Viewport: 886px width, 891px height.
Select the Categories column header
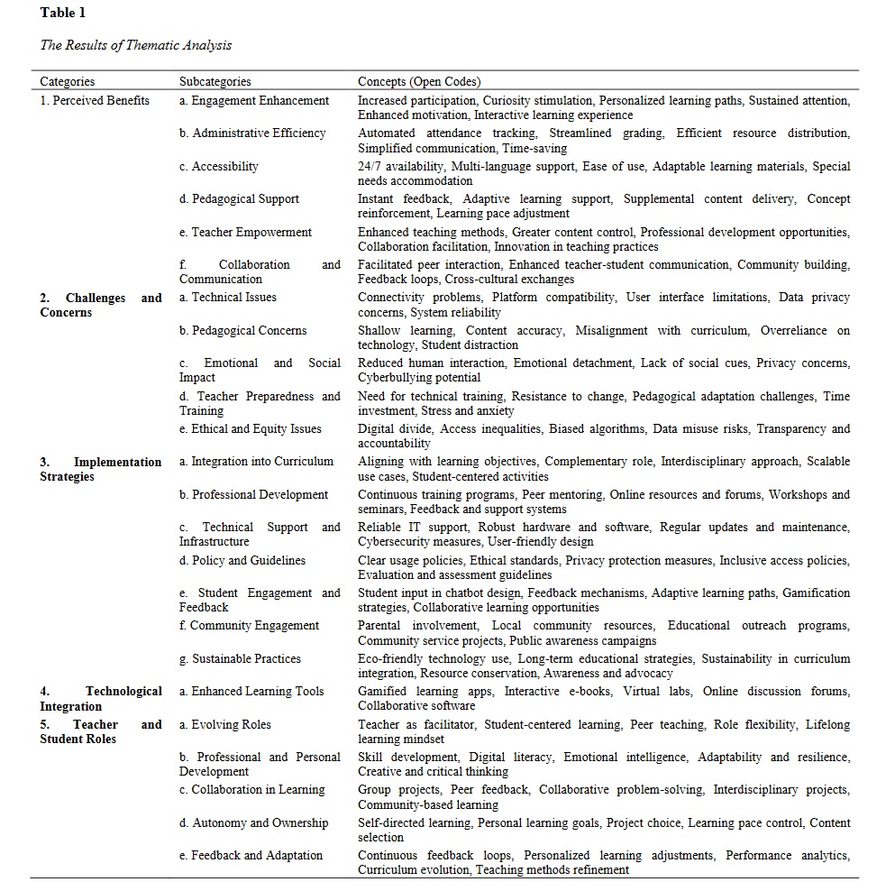[x=67, y=82]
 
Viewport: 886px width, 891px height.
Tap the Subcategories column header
[x=215, y=82]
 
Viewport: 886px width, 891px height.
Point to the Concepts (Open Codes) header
[x=419, y=82]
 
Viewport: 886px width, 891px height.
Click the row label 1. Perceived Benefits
[x=95, y=100]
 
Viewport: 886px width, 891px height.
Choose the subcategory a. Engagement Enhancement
[x=254, y=100]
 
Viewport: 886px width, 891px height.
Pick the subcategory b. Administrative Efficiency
[x=252, y=133]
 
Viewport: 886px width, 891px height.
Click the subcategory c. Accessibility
[x=219, y=166]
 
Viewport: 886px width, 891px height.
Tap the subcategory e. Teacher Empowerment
[x=245, y=232]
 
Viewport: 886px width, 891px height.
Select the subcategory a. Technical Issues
[x=228, y=297]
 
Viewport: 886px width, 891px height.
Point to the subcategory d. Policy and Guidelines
[x=242, y=560]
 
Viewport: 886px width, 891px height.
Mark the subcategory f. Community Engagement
[x=249, y=625]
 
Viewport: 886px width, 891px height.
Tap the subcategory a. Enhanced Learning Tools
[x=251, y=691]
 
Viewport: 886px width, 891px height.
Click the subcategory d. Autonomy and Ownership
[x=253, y=822]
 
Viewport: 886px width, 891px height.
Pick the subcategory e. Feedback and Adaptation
[x=251, y=855]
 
